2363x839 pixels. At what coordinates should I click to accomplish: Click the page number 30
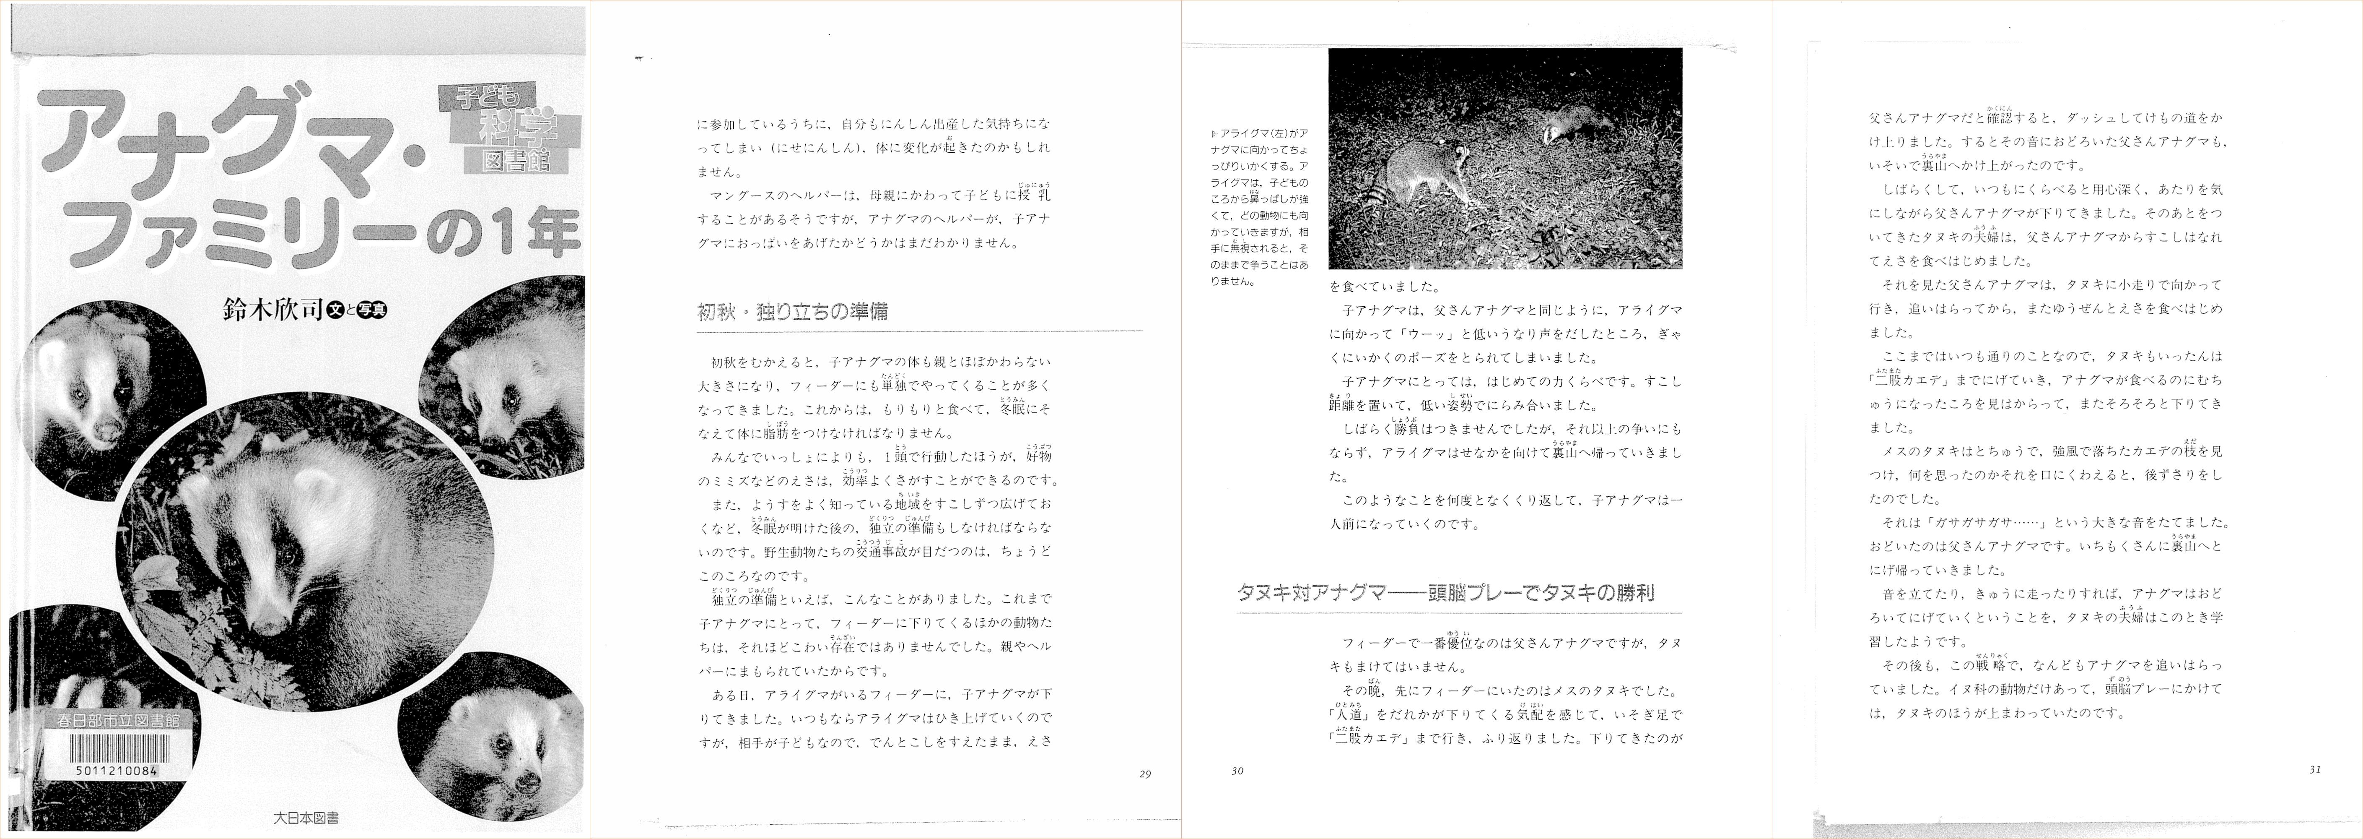coord(1237,771)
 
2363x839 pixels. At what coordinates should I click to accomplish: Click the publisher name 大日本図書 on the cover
coord(306,816)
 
